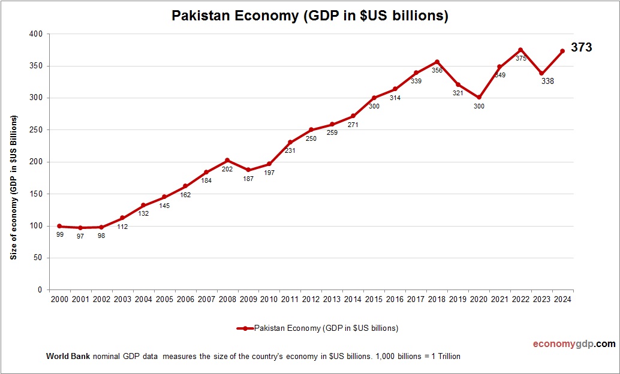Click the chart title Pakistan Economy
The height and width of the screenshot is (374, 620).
coord(310,16)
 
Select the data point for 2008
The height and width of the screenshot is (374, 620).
coord(227,160)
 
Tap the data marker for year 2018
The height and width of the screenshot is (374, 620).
coord(437,62)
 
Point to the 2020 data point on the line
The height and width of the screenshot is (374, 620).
coord(478,97)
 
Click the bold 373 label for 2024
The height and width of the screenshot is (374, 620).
coord(581,47)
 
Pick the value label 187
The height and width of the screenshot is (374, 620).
coord(248,179)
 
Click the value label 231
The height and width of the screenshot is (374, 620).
coord(290,151)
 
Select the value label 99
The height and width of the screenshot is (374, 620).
coord(60,235)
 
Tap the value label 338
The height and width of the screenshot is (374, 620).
coord(547,81)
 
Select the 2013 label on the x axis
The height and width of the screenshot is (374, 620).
coord(332,299)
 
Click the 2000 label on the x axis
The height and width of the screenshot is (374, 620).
coord(60,299)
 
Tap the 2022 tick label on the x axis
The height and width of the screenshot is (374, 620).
coord(520,299)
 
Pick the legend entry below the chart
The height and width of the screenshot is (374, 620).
coord(318,328)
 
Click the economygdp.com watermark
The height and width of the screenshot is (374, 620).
coord(574,343)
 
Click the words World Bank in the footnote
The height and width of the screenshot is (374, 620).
coord(68,356)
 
